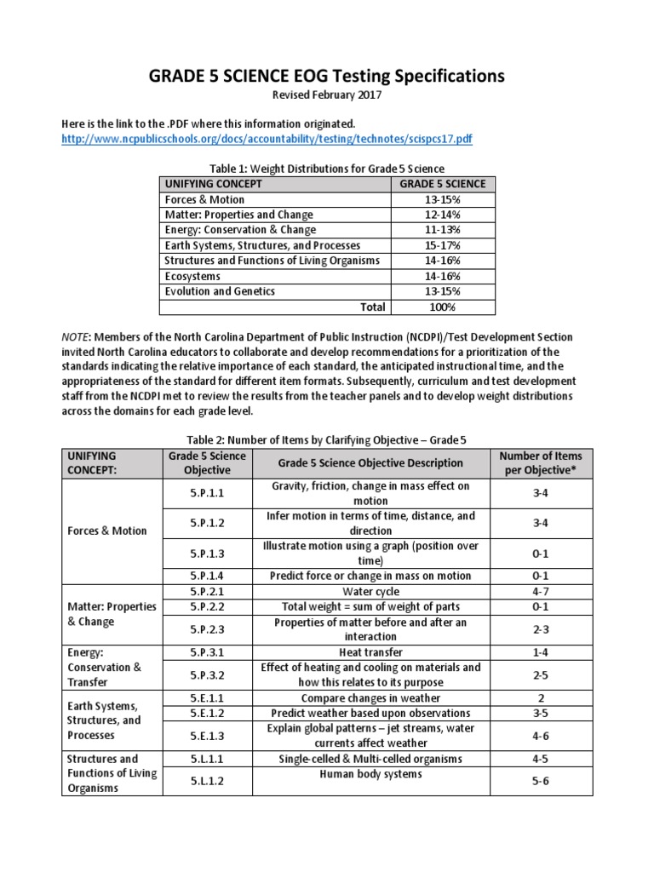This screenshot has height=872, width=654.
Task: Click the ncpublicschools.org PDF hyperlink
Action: click(267, 139)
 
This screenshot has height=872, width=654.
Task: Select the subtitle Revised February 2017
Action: click(327, 95)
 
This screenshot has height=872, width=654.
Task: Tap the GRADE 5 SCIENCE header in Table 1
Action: click(442, 184)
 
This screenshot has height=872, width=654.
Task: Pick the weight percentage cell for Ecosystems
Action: click(442, 276)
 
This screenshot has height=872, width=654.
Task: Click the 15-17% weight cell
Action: click(442, 245)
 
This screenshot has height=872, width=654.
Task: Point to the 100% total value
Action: click(442, 307)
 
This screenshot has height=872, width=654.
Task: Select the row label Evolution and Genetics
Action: click(220, 291)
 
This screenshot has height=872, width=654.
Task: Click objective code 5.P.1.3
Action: click(207, 554)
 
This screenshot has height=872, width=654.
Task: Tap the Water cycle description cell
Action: click(370, 591)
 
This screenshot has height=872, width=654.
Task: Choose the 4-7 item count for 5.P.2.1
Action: click(540, 591)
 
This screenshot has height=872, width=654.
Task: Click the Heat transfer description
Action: click(370, 652)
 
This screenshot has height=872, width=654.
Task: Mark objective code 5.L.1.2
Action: click(207, 781)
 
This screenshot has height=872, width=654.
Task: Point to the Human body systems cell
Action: click(370, 774)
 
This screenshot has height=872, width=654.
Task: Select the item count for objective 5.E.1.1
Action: click(540, 698)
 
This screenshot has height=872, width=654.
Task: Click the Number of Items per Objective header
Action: click(540, 463)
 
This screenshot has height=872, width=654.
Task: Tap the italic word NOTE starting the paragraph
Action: click(76, 337)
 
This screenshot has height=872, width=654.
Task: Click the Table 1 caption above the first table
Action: click(327, 169)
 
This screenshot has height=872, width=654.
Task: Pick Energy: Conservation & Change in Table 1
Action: click(240, 230)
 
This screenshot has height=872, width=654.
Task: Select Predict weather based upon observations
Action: click(370, 713)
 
